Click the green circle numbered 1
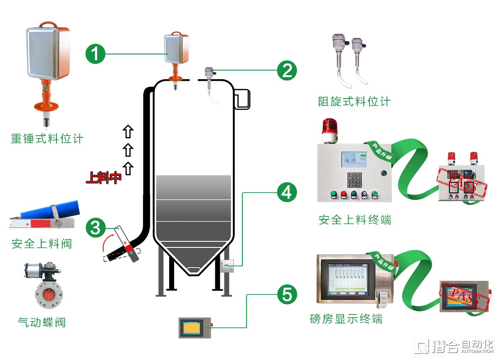coord(95,54)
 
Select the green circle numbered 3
coord(95,228)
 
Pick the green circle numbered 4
coord(287,192)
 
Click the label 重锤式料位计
coord(47,138)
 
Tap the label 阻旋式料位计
coord(354,101)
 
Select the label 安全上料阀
coord(42,244)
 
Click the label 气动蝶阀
coord(42,322)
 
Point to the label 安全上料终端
coord(355,220)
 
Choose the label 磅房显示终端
coord(346,319)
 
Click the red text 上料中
coord(104,178)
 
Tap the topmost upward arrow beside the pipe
coord(128,132)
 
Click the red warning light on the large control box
coord(330,128)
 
